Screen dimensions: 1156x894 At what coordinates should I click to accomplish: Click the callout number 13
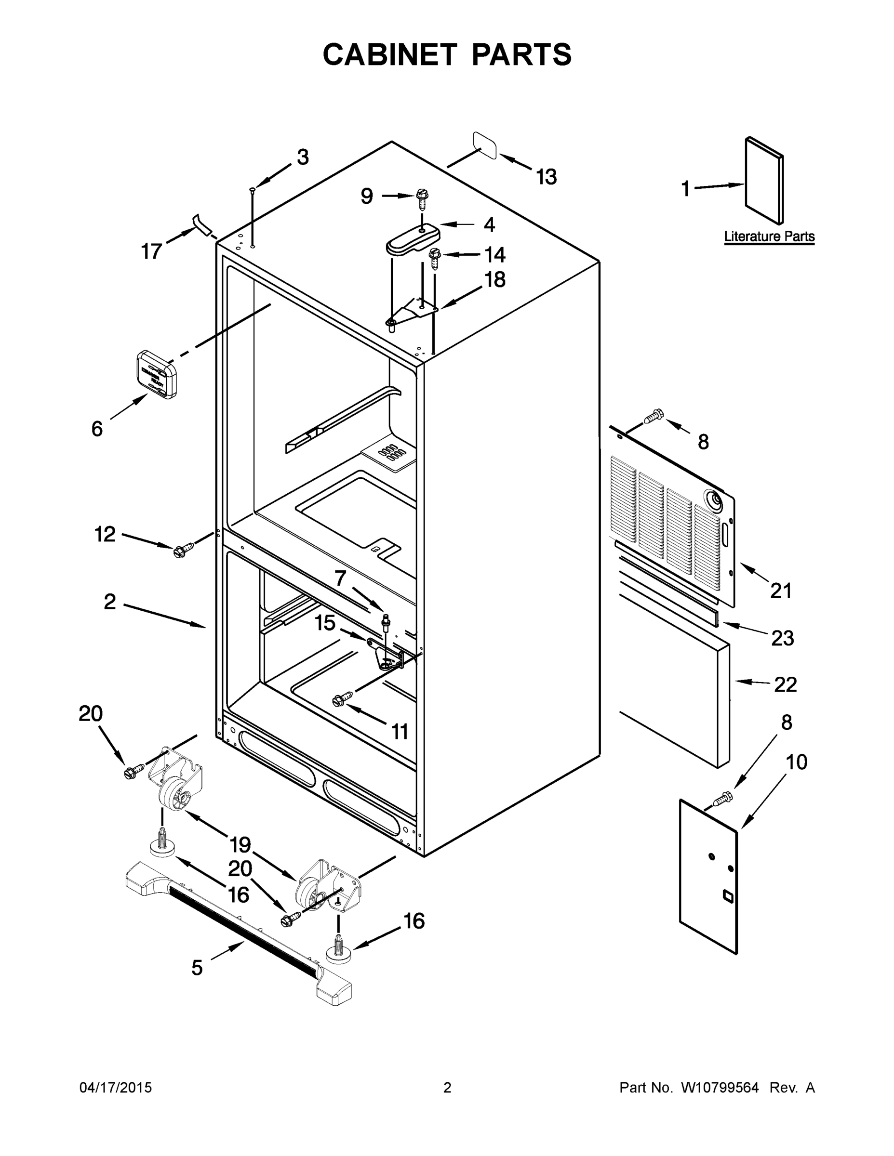(547, 177)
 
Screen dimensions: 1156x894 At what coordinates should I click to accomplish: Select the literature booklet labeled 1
(764, 180)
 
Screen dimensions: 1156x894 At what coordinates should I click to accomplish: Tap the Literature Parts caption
(769, 236)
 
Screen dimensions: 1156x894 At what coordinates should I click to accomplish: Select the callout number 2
(109, 602)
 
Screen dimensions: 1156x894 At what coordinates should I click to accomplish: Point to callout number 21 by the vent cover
(781, 590)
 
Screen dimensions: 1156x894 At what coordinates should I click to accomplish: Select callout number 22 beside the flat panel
(785, 684)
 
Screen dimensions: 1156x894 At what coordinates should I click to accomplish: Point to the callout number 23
(782, 638)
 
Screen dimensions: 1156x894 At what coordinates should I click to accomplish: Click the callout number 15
(325, 623)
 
